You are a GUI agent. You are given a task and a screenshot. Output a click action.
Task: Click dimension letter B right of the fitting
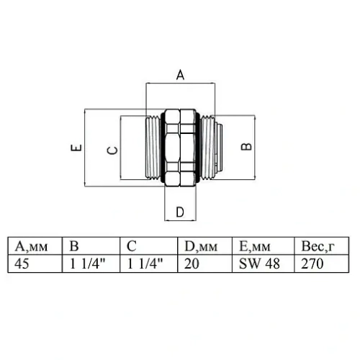point(247,146)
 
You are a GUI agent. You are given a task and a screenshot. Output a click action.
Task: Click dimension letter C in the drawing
point(111,149)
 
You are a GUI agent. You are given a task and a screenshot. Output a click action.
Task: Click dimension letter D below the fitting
point(180,212)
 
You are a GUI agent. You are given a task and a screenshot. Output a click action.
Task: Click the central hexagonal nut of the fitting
point(180,147)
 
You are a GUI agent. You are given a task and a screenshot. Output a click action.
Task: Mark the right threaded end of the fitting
point(208,147)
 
